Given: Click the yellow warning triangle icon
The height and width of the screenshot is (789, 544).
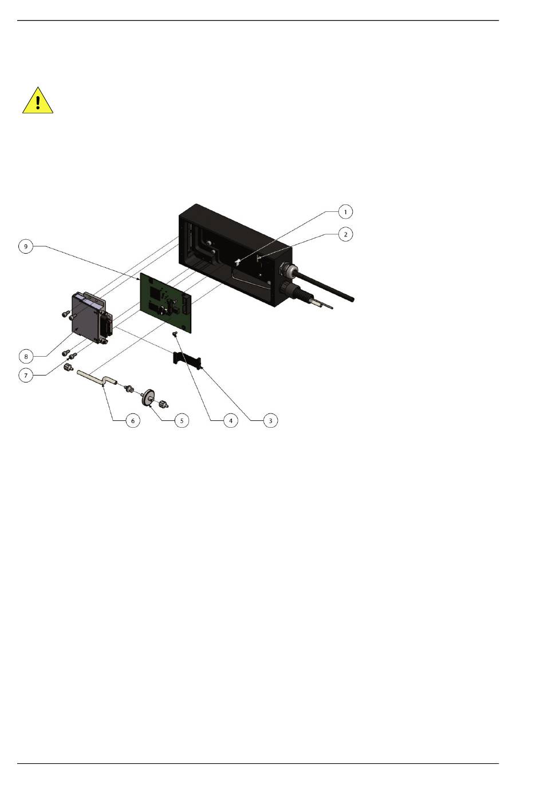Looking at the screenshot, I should [38, 101].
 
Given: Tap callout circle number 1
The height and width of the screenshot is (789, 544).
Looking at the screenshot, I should [345, 212].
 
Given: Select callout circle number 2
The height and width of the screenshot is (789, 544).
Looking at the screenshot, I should [345, 234].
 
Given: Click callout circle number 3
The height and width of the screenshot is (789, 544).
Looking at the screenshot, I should [270, 420].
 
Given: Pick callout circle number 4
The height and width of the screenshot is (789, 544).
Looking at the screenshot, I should [231, 420].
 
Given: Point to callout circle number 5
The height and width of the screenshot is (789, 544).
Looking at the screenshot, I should [182, 420].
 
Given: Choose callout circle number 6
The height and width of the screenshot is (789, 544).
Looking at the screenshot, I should [132, 420].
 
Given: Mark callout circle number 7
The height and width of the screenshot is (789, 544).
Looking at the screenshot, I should [26, 376].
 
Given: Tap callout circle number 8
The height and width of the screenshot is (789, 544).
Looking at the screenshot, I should [26, 356].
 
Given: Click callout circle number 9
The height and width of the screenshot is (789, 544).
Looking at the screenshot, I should [26, 246].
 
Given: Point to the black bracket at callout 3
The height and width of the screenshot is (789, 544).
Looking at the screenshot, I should [187, 360].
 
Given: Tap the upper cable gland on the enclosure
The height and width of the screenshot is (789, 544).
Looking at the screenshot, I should [287, 269].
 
